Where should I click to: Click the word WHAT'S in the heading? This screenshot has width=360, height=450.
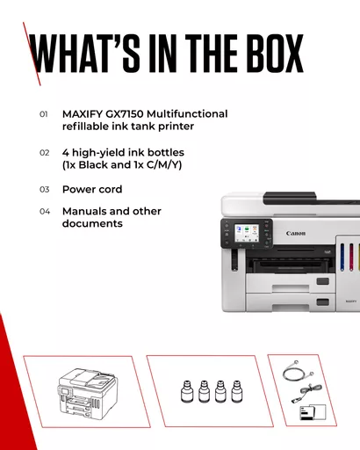point(84,54)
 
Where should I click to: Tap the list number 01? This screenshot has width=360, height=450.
point(44,114)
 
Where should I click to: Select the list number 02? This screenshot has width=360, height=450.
point(44,153)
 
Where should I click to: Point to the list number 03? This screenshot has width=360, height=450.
point(44,190)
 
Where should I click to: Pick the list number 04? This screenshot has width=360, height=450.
point(45,211)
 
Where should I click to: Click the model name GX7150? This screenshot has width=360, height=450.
point(124,114)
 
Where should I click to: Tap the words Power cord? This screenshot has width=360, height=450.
point(92,189)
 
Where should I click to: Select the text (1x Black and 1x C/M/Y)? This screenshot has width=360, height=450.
point(122,165)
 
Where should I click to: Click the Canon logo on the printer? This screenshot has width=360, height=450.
point(296,233)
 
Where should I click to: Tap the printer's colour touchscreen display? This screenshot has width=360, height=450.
point(247,233)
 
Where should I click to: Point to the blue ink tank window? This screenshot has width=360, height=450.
point(342,257)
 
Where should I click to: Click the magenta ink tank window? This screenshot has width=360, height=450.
point(351,257)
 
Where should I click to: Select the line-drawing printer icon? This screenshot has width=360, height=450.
point(88,392)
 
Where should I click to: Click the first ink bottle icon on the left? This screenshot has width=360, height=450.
point(187,391)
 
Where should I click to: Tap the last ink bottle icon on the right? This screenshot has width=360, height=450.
point(236,391)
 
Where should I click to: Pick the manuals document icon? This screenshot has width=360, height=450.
point(313,412)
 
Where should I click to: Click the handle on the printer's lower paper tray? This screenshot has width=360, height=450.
point(322,302)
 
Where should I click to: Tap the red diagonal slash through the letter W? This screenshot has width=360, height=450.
point(32,54)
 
